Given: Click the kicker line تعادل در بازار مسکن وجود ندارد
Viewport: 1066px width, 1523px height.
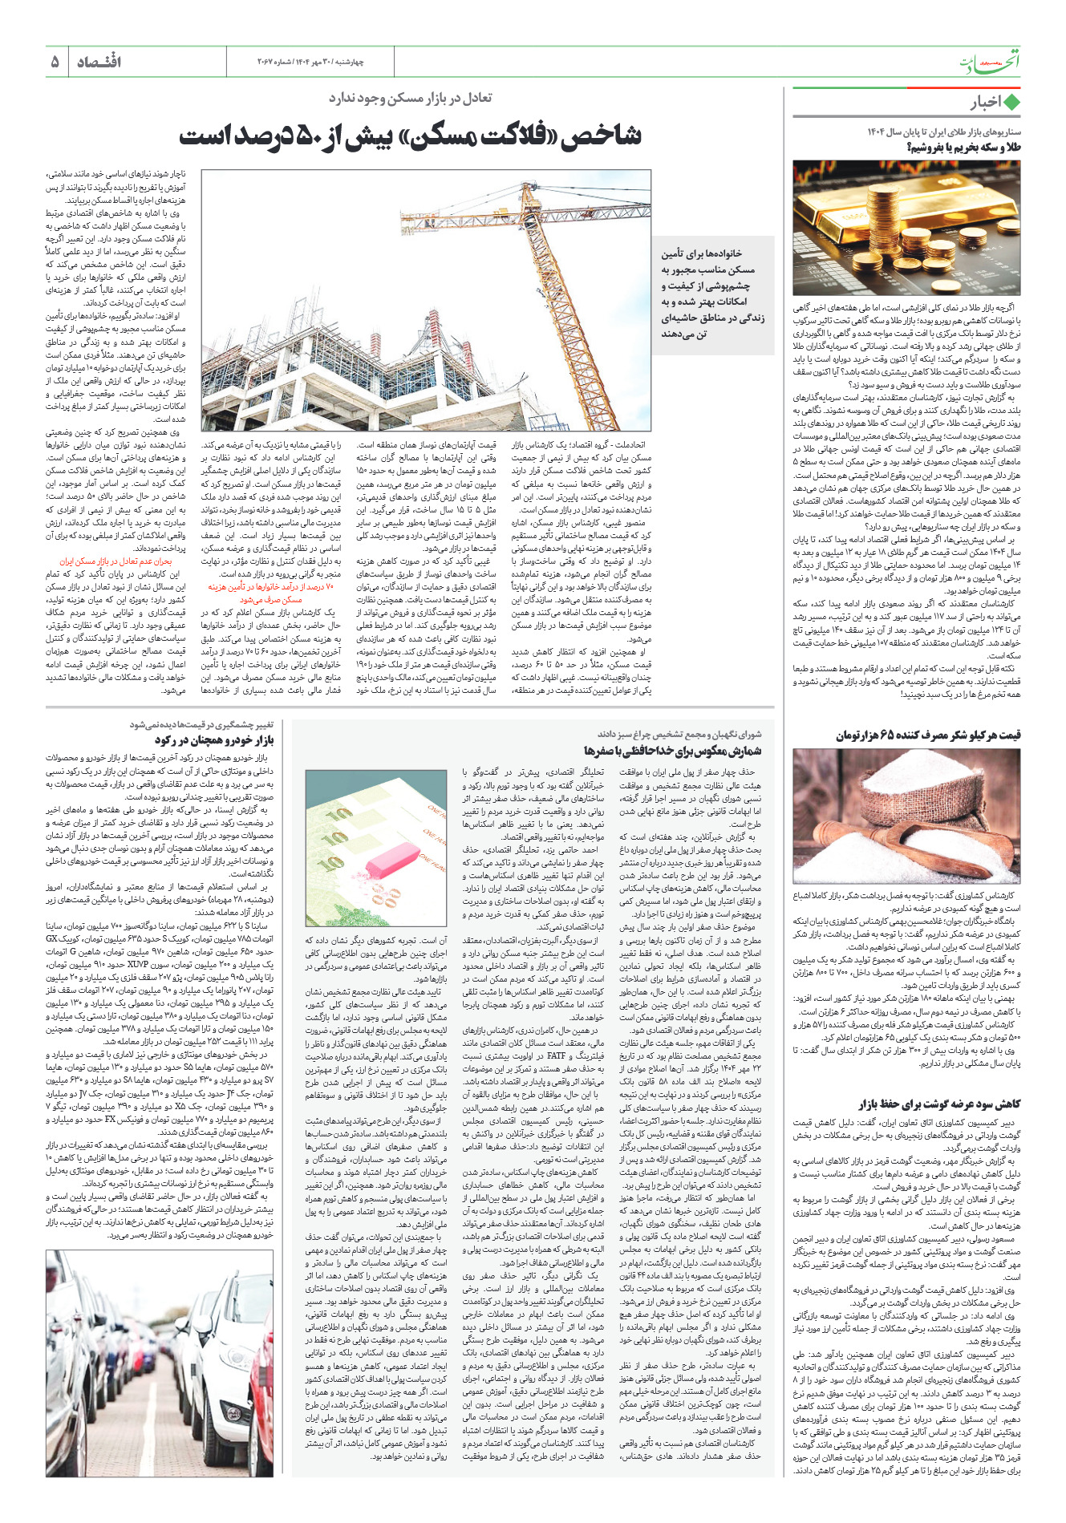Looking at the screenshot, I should coord(410,98).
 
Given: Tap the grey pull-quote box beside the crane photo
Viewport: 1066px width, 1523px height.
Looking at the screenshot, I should coord(711,294).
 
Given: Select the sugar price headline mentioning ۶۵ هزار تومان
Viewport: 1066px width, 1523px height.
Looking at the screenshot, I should coord(928,735).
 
